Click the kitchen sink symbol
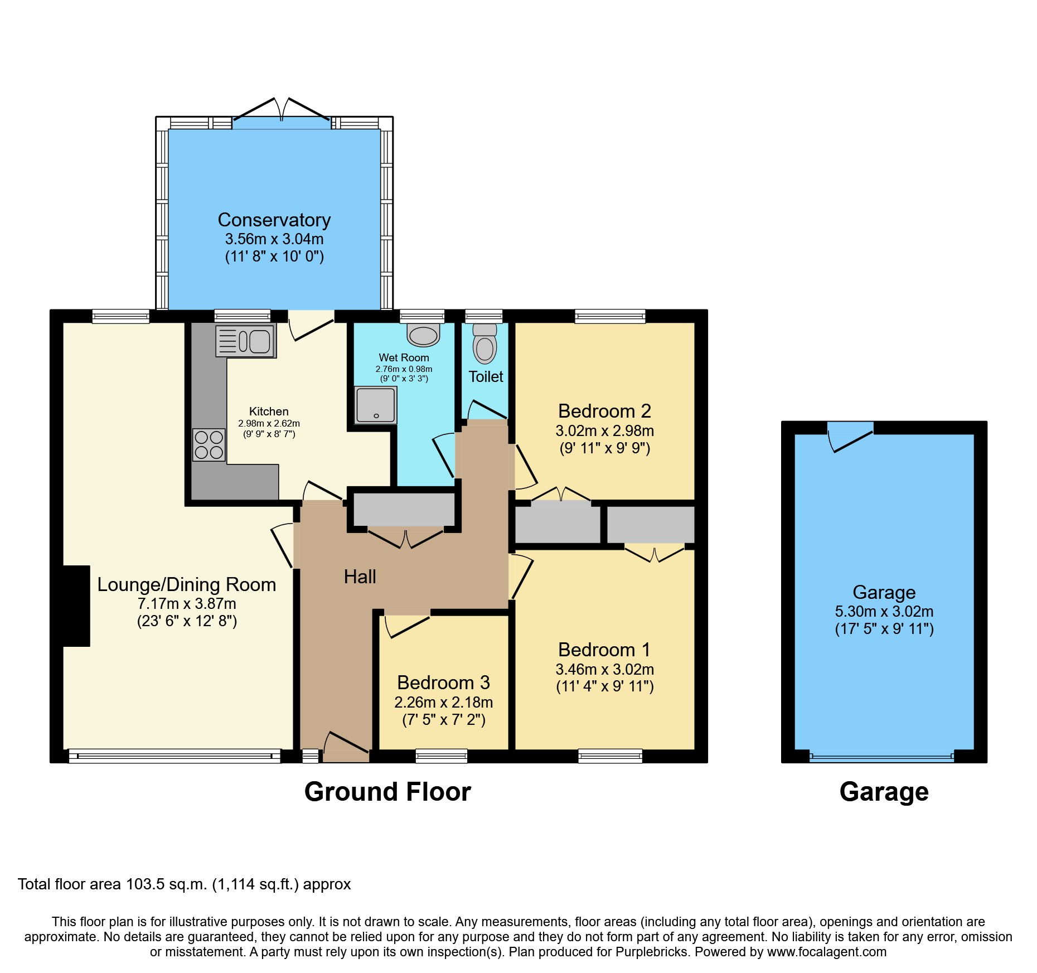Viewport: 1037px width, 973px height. pyautogui.click(x=246, y=341)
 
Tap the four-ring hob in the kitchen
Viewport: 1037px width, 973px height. pyautogui.click(x=209, y=445)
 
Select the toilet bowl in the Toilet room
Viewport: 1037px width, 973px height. pyautogui.click(x=485, y=347)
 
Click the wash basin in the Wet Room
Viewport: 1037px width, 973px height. pyautogui.click(x=423, y=336)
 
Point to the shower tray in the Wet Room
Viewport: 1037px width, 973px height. pyautogui.click(x=376, y=405)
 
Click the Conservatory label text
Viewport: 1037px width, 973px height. pyautogui.click(x=274, y=220)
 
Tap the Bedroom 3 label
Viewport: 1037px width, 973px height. pyautogui.click(x=443, y=682)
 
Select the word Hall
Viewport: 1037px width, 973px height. pyautogui.click(x=360, y=577)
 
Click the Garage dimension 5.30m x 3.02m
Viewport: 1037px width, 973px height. pyautogui.click(x=884, y=611)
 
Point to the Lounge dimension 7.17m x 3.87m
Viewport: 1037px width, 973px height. pyautogui.click(x=187, y=603)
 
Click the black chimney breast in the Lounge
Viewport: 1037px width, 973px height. pyautogui.click(x=76, y=606)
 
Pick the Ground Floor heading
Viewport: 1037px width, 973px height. pyautogui.click(x=387, y=792)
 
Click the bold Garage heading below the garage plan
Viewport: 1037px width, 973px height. pyautogui.click(x=884, y=792)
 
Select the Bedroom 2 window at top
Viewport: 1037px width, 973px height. pyautogui.click(x=610, y=317)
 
